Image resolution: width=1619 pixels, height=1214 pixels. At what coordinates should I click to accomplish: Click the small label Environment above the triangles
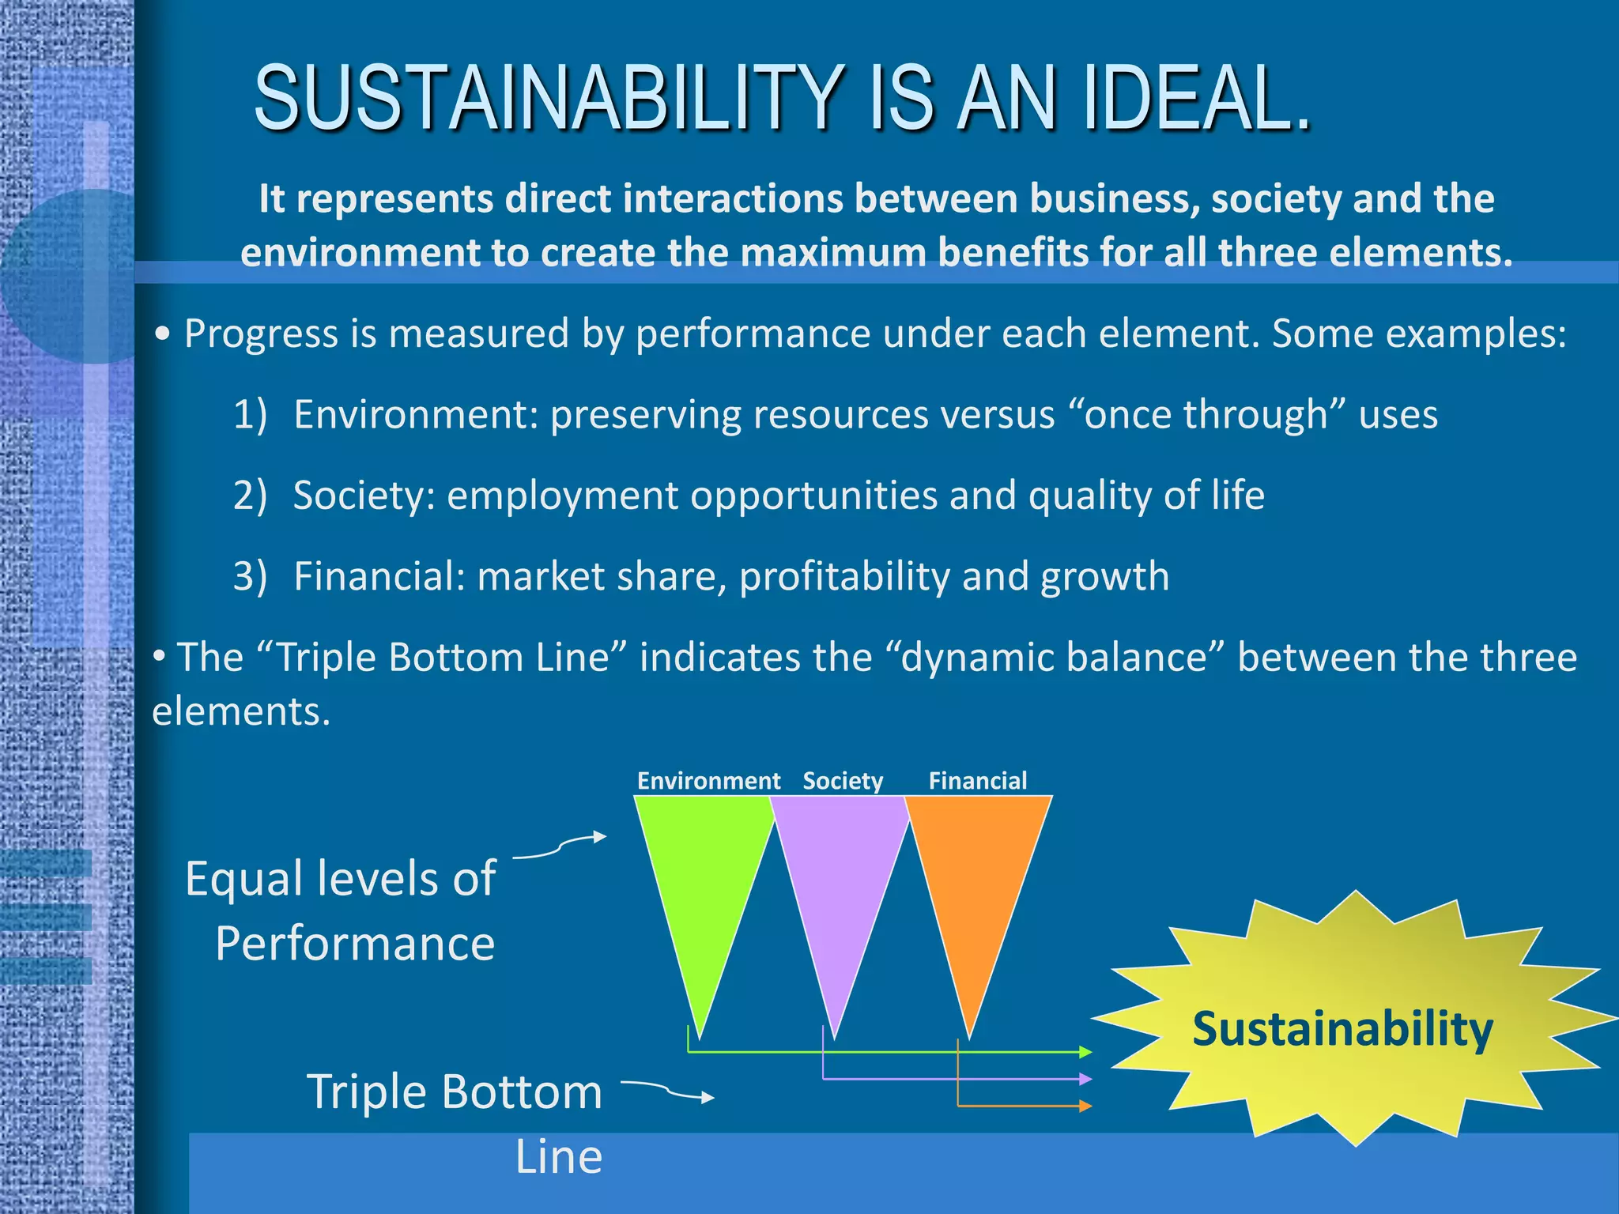[x=708, y=781]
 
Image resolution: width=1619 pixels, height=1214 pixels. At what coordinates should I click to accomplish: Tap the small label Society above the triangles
[x=843, y=781]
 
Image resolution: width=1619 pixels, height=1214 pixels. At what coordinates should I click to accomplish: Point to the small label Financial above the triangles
[x=977, y=781]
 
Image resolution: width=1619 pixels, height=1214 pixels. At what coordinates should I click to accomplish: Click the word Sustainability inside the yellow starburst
[x=1342, y=1029]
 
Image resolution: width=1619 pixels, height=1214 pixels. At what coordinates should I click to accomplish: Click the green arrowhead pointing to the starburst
[x=1085, y=1052]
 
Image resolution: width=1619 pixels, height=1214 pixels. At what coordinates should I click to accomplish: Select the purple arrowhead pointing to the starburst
[x=1085, y=1079]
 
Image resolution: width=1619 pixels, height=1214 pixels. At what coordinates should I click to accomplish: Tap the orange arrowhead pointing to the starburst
[x=1085, y=1106]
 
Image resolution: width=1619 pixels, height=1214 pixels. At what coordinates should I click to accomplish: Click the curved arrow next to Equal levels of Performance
[x=561, y=846]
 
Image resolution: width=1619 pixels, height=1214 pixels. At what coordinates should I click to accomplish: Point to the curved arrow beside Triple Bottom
[x=668, y=1091]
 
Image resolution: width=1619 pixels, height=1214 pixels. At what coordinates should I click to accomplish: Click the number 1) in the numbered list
[x=250, y=414]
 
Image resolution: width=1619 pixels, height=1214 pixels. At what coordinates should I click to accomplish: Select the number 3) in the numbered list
[x=250, y=576]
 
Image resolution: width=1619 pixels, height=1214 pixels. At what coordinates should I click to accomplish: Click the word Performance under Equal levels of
[x=355, y=944]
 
